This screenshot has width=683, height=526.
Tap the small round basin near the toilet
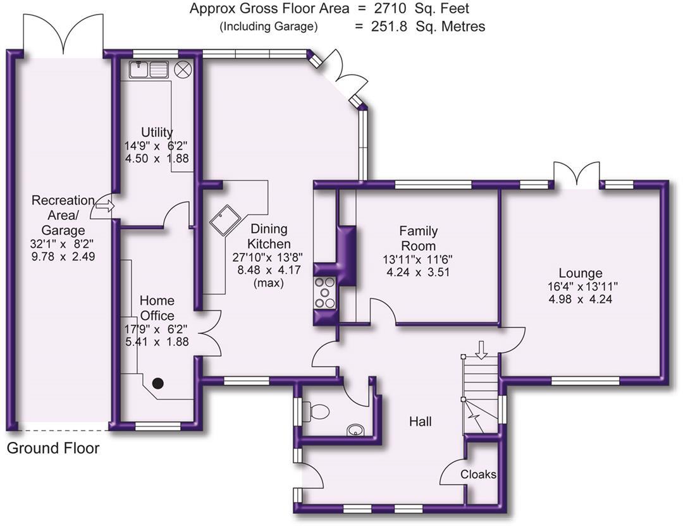(355, 431)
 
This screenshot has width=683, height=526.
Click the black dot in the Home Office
(157, 383)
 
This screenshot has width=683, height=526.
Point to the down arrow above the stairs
(481, 350)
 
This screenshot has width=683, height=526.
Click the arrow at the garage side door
(104, 206)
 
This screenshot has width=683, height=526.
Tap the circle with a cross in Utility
(183, 70)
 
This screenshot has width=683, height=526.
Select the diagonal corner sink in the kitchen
(225, 220)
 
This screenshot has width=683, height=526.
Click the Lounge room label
(581, 273)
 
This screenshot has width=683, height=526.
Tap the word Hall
(421, 421)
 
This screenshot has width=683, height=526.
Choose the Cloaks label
(478, 474)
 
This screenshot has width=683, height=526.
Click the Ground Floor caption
(53, 448)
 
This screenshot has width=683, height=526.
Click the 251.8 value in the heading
(389, 27)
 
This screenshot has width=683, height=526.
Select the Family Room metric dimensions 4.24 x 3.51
(418, 272)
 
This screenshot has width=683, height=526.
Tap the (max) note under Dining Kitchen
(269, 283)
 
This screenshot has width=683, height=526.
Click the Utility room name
(157, 132)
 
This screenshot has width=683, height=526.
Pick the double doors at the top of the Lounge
(577, 174)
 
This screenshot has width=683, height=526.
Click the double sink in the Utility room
(149, 70)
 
